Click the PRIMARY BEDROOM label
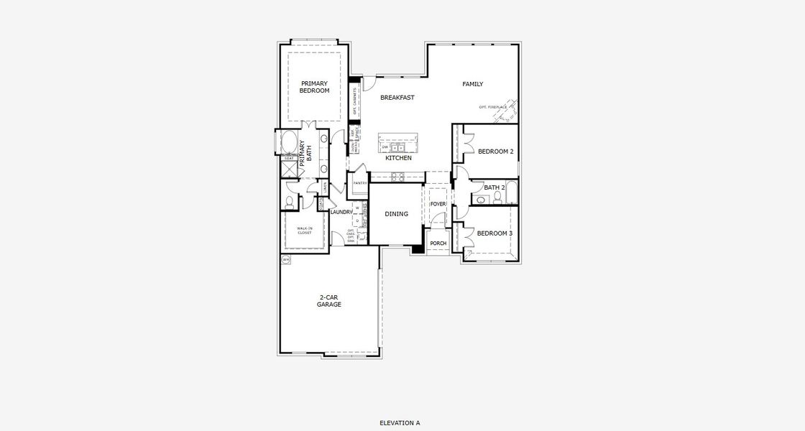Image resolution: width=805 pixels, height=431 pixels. click(314, 87)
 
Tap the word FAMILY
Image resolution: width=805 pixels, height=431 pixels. click(472, 84)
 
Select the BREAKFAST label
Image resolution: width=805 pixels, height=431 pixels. click(397, 98)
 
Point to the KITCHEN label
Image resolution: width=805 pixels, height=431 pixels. click(397, 158)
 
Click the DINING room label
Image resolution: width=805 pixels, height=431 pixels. click(396, 214)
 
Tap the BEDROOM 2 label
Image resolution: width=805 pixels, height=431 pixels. click(495, 152)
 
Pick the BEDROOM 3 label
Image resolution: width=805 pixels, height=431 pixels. click(494, 233)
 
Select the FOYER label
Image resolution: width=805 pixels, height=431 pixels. click(438, 204)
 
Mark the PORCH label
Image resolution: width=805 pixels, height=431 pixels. click(438, 244)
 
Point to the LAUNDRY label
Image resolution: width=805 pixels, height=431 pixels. click(341, 212)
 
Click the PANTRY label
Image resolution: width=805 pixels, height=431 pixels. click(360, 183)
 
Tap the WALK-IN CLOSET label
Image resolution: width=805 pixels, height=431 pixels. click(305, 231)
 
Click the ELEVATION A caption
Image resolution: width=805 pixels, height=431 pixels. click(400, 423)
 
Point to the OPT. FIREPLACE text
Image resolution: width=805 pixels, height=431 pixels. click(493, 107)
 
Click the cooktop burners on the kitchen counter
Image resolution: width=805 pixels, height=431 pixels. click(397, 175)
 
